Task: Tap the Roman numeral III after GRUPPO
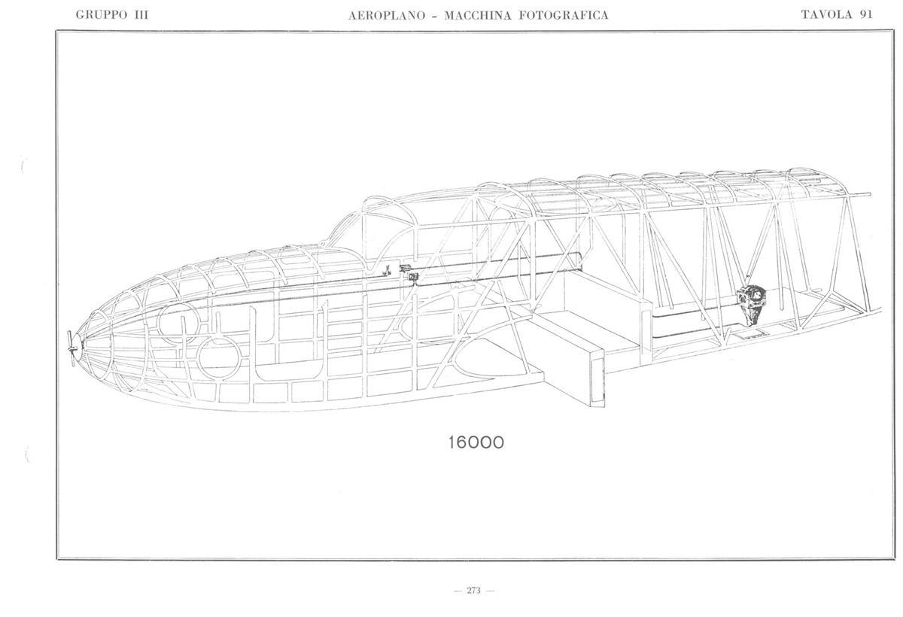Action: pyautogui.click(x=140, y=15)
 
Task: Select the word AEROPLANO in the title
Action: pyautogui.click(x=387, y=16)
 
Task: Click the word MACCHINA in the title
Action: pyautogui.click(x=478, y=16)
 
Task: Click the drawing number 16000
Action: pyautogui.click(x=476, y=442)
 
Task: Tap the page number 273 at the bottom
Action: pyautogui.click(x=473, y=591)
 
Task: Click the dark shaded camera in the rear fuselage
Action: pyautogui.click(x=751, y=303)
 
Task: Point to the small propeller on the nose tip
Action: pyautogui.click(x=72, y=348)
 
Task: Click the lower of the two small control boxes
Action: pyautogui.click(x=413, y=277)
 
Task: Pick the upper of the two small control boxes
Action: pyautogui.click(x=405, y=268)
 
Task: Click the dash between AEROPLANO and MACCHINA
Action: pyautogui.click(x=435, y=17)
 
